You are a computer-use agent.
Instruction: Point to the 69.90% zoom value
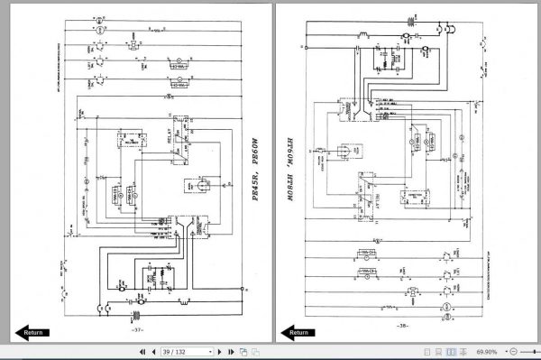pyautogui.click(x=487, y=352)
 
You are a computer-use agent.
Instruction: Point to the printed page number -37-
pyautogui.click(x=138, y=329)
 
